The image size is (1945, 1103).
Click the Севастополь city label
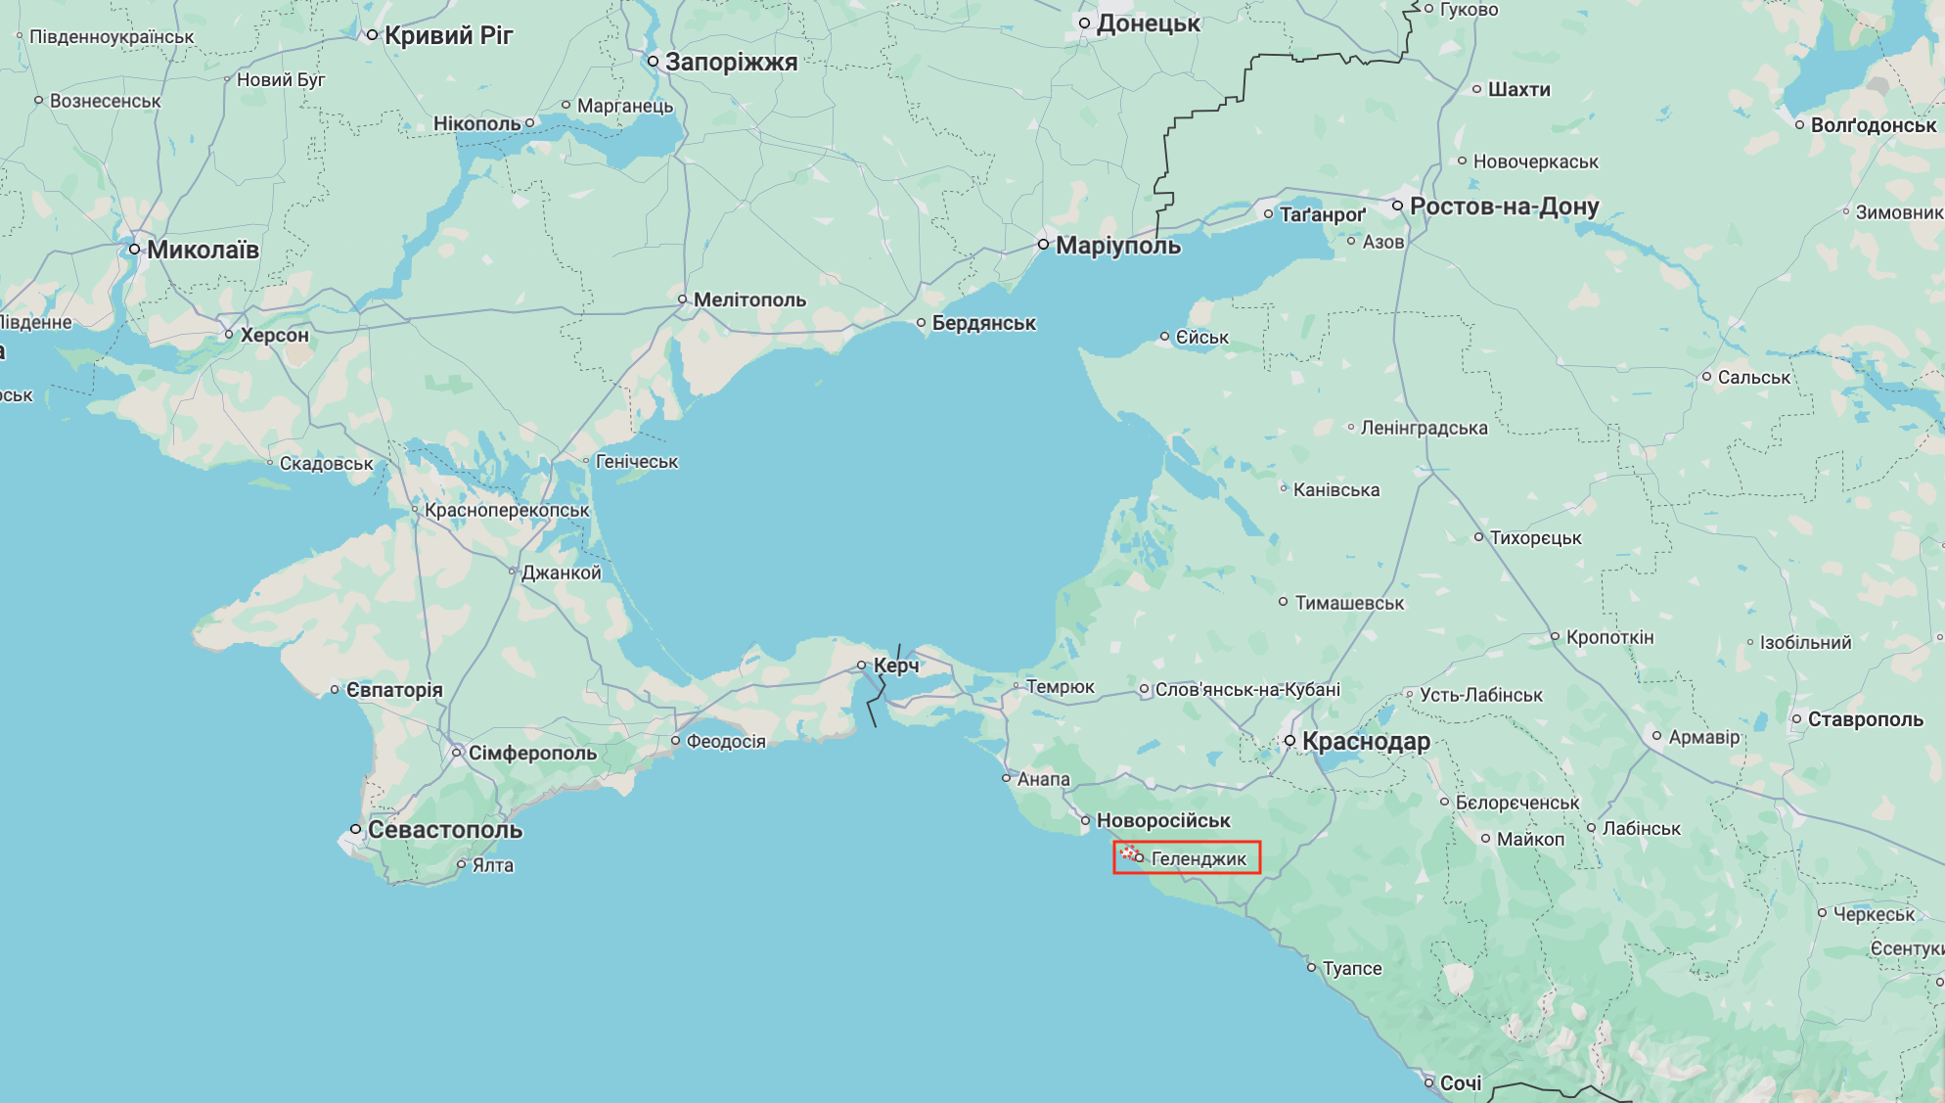445,830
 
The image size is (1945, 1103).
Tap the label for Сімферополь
532,753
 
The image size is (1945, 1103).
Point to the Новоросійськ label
1163,820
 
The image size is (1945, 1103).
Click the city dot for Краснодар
1290,741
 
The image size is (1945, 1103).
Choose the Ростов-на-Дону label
1504,207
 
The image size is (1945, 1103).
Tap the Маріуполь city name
1118,245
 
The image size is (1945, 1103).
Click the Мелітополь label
749,299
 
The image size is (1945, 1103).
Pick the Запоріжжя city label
731,62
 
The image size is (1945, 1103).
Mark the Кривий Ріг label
448,35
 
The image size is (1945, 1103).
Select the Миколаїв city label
203,250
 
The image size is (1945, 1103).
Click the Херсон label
275,335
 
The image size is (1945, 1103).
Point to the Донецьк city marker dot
1084,23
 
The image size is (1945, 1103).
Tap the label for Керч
896,666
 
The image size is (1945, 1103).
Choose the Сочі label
1461,1083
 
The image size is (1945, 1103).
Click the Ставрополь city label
1865,719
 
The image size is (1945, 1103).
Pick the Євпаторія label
394,690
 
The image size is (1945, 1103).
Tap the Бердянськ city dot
921,323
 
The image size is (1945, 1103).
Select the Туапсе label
1352,968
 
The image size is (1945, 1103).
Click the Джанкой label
562,573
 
